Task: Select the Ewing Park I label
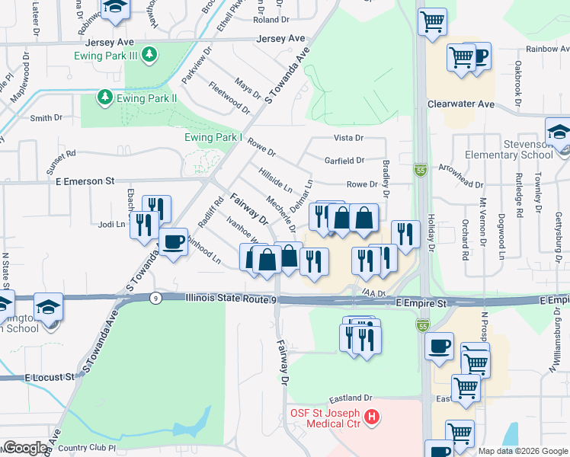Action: click(x=213, y=138)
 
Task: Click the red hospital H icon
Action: click(x=372, y=417)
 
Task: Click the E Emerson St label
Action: click(x=84, y=181)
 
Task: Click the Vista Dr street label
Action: click(x=349, y=138)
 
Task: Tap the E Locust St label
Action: click(x=50, y=377)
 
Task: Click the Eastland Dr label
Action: click(x=350, y=398)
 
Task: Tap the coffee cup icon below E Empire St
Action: click(x=439, y=347)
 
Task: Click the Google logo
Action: click(x=25, y=449)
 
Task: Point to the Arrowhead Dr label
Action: click(x=463, y=184)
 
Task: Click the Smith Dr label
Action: click(x=46, y=118)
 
